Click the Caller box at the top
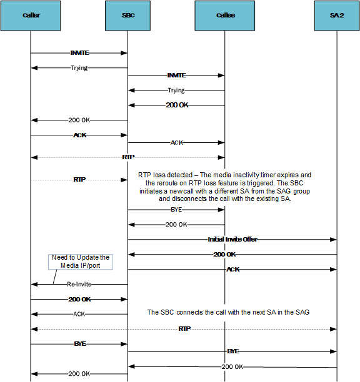coord(30,15)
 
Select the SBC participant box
coord(127,15)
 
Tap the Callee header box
coord(225,15)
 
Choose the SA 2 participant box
coord(337,15)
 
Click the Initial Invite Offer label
coord(232,239)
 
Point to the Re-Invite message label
coord(79,284)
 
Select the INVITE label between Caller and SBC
coord(79,53)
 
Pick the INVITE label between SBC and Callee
coord(176,75)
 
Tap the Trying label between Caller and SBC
coord(79,67)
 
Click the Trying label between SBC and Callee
coord(176,91)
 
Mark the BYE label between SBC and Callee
coord(176,210)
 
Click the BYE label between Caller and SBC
coord(79,343)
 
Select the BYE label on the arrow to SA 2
coord(232,351)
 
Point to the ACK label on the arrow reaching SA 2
coord(232,269)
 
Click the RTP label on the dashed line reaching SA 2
coord(184,328)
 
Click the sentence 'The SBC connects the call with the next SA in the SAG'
coord(228,311)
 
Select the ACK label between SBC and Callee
coord(176,142)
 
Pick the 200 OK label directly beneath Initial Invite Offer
coord(223,254)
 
